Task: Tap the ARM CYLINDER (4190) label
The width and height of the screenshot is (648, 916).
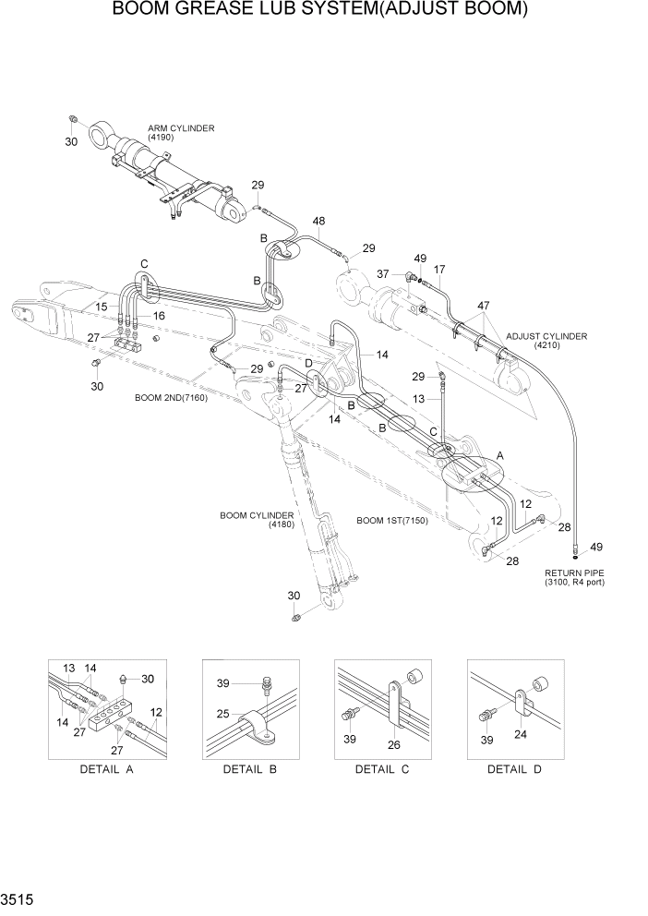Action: coord(181,132)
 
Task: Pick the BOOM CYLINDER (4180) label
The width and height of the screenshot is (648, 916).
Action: coord(257,519)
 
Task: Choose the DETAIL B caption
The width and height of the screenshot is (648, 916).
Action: coord(249,769)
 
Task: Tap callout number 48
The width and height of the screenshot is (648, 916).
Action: coord(318,221)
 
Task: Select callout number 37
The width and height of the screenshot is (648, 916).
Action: coord(383,273)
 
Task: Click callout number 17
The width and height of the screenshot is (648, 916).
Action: coord(439,270)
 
